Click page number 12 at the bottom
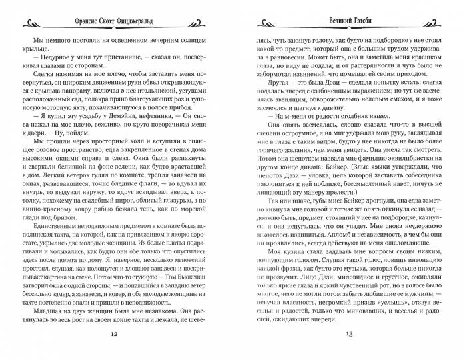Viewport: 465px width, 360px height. (121, 335)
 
